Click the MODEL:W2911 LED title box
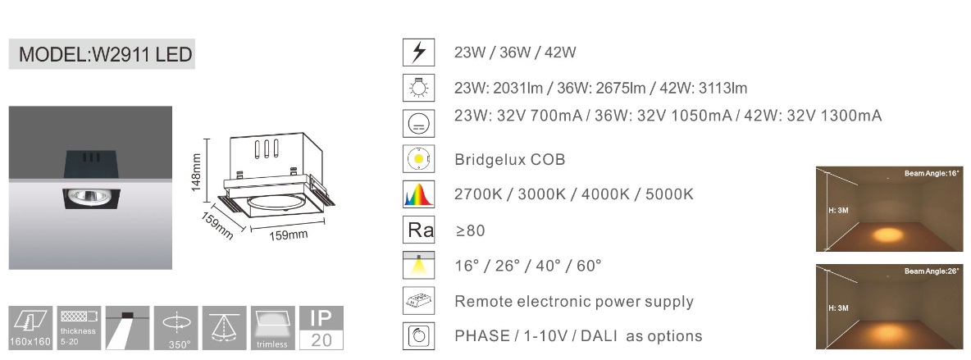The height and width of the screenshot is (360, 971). (102, 54)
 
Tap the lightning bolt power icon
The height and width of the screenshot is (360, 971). (418, 52)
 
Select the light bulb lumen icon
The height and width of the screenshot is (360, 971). (418, 88)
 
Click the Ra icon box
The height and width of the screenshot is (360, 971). (418, 230)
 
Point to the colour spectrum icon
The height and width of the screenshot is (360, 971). (418, 194)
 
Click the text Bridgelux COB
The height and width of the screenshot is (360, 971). (509, 159)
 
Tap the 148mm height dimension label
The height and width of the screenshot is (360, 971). (196, 173)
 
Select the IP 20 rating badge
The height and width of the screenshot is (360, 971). (321, 328)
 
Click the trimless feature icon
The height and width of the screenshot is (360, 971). (272, 328)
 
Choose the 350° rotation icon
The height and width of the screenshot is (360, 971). (176, 328)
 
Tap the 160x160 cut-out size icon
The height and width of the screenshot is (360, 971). (30, 328)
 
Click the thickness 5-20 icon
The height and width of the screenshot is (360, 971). (79, 328)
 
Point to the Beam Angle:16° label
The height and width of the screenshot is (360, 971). (932, 174)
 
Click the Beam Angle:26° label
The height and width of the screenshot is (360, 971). (932, 271)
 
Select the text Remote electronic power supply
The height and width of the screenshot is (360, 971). (574, 302)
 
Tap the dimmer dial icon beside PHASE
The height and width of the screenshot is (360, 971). (418, 336)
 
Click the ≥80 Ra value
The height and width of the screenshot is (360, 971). (470, 230)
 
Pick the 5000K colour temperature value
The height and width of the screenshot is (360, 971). (669, 194)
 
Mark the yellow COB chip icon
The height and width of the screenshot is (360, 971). (418, 159)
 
